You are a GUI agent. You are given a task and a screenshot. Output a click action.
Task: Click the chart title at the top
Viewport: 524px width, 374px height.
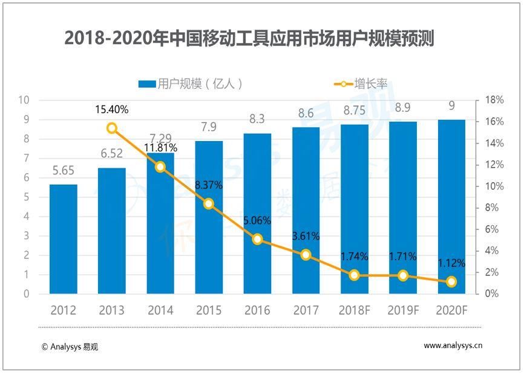coord(249,39)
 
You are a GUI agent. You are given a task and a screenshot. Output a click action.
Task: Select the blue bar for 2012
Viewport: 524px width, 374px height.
coord(64,239)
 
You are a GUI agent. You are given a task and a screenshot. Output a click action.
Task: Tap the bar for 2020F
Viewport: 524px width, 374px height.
coord(451,206)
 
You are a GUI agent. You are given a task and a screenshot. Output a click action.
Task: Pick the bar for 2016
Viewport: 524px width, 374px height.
coord(257,213)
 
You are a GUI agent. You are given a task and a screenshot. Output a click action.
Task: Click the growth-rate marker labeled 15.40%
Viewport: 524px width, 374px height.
coord(112,128)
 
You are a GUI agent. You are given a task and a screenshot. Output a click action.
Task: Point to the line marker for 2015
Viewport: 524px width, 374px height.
coord(209,204)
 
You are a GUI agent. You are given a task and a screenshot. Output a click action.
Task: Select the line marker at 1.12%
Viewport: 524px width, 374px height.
coord(451,281)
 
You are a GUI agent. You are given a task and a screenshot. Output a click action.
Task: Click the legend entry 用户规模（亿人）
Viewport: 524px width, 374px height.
coord(191,84)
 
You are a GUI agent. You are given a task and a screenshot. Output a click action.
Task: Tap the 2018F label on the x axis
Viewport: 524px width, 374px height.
coord(354,310)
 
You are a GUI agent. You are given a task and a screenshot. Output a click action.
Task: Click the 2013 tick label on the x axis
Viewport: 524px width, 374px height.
coord(112,310)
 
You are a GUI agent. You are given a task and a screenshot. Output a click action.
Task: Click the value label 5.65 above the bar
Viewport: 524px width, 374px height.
coord(64,171)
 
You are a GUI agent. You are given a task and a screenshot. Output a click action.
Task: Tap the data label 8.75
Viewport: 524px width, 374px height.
coord(354,111)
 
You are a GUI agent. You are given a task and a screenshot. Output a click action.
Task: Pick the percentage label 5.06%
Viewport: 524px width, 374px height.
coord(257,220)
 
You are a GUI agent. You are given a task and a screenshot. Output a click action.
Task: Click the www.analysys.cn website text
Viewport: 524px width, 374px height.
coord(453,346)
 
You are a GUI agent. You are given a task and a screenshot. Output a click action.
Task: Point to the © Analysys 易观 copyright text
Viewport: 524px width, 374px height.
coord(70,347)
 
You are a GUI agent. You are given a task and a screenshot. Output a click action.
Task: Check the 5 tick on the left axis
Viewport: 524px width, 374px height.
coord(26,197)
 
